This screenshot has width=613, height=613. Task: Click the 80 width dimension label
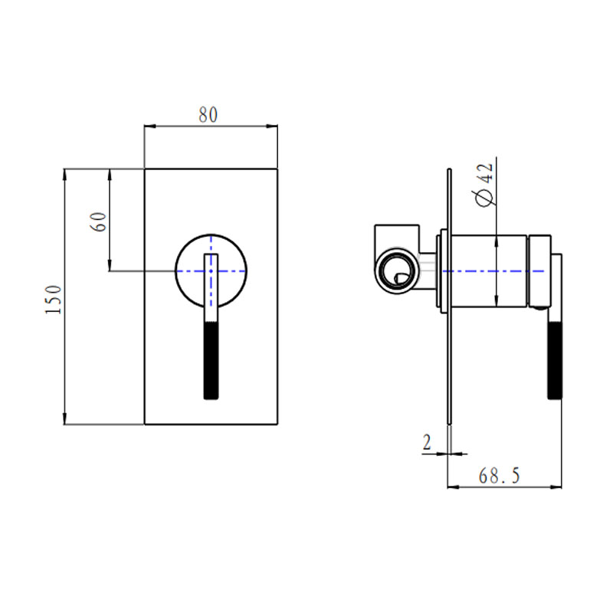(208, 115)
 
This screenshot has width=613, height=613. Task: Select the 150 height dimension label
(52, 300)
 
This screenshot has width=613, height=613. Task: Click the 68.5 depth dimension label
(499, 476)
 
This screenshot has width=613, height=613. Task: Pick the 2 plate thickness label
(427, 442)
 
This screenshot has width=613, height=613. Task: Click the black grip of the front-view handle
(211, 360)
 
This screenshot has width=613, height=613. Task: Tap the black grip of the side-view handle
(555, 359)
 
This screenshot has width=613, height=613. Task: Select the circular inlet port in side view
(396, 270)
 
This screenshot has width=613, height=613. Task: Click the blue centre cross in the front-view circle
(211, 270)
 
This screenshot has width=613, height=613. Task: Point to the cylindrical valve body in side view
(487, 270)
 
